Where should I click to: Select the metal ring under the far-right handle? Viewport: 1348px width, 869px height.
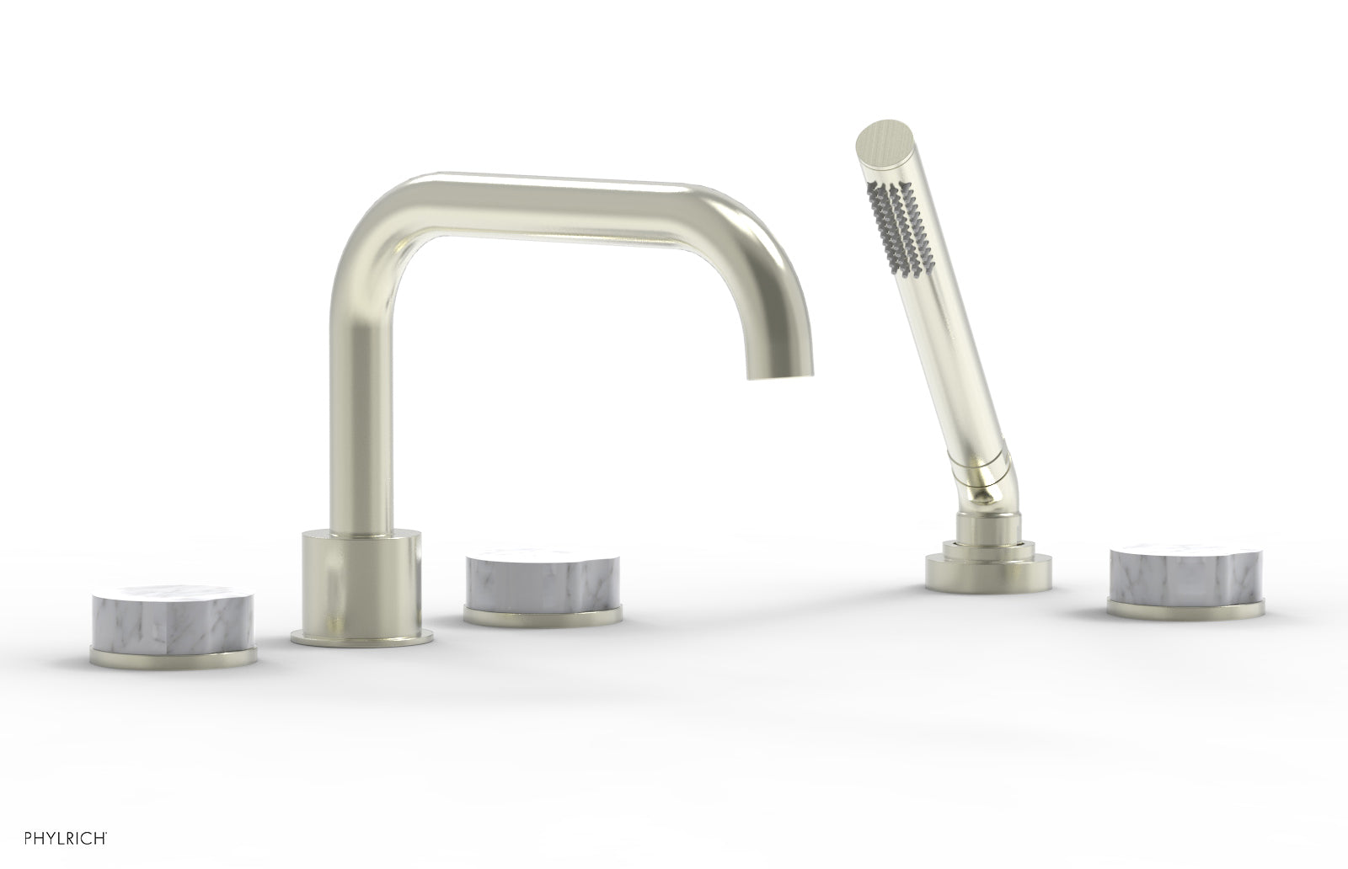(1186, 608)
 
